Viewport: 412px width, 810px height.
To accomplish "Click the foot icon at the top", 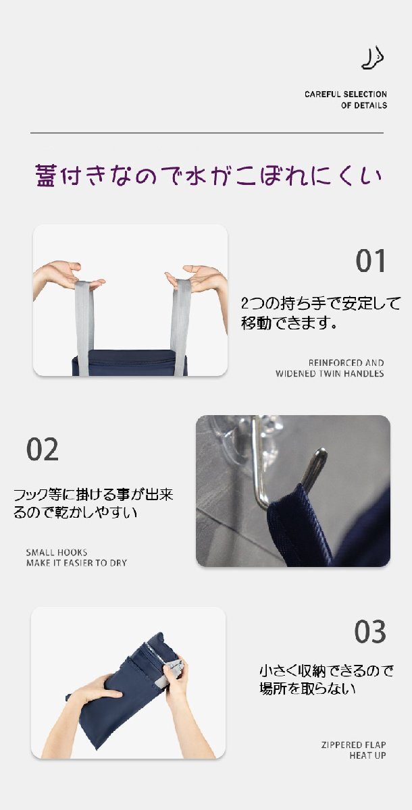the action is [x=373, y=57].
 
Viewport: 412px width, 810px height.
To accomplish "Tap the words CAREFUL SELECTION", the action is [x=345, y=94].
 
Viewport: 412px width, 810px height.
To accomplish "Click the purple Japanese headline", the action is [x=208, y=175].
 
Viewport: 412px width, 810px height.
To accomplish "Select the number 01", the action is [x=370, y=261].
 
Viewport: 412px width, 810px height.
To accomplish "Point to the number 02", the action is [x=43, y=449].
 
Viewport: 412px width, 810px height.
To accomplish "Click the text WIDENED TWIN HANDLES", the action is [x=330, y=373].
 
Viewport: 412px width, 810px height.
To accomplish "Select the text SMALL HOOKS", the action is [x=57, y=552].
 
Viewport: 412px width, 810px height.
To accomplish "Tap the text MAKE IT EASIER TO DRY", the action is [x=76, y=563].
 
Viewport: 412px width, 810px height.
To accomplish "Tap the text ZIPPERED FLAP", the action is [x=353, y=745].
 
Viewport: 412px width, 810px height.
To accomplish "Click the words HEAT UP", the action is [x=367, y=755].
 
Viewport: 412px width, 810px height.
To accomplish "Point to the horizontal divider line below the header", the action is [x=207, y=133].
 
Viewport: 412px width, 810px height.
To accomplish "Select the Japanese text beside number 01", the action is [x=321, y=313].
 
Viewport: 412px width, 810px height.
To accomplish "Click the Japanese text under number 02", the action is [x=93, y=504].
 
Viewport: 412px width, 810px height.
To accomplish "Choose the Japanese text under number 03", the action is [x=326, y=680].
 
